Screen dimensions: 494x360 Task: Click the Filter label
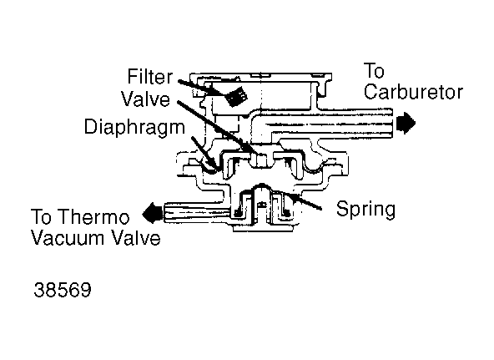150,77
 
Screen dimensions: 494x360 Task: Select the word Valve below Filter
146,99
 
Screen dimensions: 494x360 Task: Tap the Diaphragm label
134,128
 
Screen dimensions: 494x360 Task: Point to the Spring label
365,210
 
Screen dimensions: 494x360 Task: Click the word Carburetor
413,92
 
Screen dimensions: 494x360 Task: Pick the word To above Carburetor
374,71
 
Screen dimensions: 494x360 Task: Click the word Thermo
94,216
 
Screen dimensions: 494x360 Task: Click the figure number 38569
63,290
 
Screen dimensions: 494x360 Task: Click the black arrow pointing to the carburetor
406,123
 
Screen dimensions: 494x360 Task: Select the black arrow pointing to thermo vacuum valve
153,214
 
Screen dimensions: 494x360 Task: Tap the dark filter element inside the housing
237,96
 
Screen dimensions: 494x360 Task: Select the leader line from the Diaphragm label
204,153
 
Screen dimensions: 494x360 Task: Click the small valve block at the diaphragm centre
260,160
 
